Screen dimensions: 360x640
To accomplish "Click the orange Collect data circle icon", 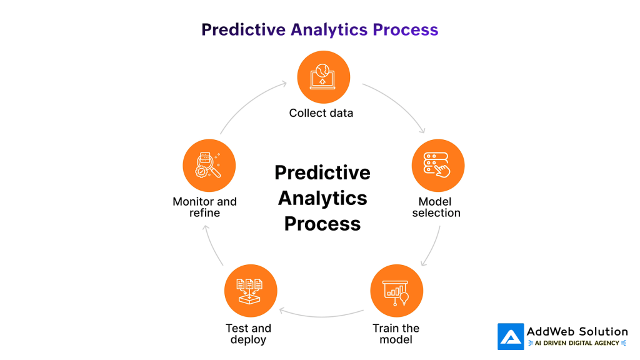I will (323, 77).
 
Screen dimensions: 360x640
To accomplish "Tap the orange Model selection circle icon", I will (438, 166).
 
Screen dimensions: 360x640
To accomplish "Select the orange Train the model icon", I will (396, 291).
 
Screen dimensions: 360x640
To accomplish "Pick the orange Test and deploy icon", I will (250, 291).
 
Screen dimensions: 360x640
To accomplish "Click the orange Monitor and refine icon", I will (209, 166).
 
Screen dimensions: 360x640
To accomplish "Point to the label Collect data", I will (321, 113).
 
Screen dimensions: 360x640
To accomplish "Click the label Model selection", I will (436, 207).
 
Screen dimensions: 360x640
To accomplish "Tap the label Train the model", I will (396, 334).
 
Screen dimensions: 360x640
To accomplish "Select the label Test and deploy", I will (249, 334).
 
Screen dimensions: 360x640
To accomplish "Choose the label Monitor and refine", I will (204, 207).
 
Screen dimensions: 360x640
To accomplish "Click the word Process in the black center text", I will (322, 224).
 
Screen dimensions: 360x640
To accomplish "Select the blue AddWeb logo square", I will (511, 336).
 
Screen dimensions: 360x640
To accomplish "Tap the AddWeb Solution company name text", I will (577, 331).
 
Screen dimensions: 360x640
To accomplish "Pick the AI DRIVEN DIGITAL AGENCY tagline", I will (577, 343).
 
